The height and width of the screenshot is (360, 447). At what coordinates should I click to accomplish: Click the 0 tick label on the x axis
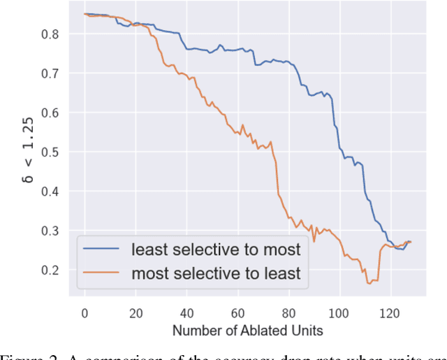pyautogui.click(x=85, y=312)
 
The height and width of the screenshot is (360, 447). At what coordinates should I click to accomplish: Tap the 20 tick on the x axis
pyautogui.click(x=135, y=312)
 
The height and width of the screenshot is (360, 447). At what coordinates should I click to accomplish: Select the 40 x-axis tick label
pyautogui.click(x=186, y=312)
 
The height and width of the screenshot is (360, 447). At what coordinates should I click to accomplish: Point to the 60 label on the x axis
pyautogui.click(x=237, y=312)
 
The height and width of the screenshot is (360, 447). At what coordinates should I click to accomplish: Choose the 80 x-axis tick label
pyautogui.click(x=288, y=312)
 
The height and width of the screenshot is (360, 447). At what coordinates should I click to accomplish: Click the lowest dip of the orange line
pyautogui.click(x=369, y=283)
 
